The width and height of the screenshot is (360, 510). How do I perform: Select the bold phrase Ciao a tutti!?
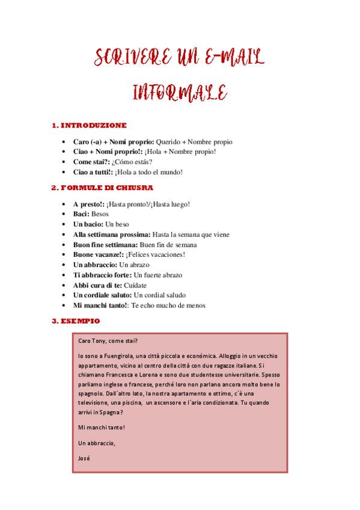pos(93,172)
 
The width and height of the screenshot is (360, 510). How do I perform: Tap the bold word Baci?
pos(81,214)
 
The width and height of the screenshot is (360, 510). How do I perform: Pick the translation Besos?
pos(100,214)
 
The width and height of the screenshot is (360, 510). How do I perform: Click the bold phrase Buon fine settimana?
pos(105,245)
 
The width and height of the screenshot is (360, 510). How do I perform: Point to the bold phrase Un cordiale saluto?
pos(102,295)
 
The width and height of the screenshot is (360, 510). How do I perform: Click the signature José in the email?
pos(84,458)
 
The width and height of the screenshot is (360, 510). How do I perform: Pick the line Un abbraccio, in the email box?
pos(96,443)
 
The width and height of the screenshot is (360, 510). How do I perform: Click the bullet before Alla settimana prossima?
pos(64,235)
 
